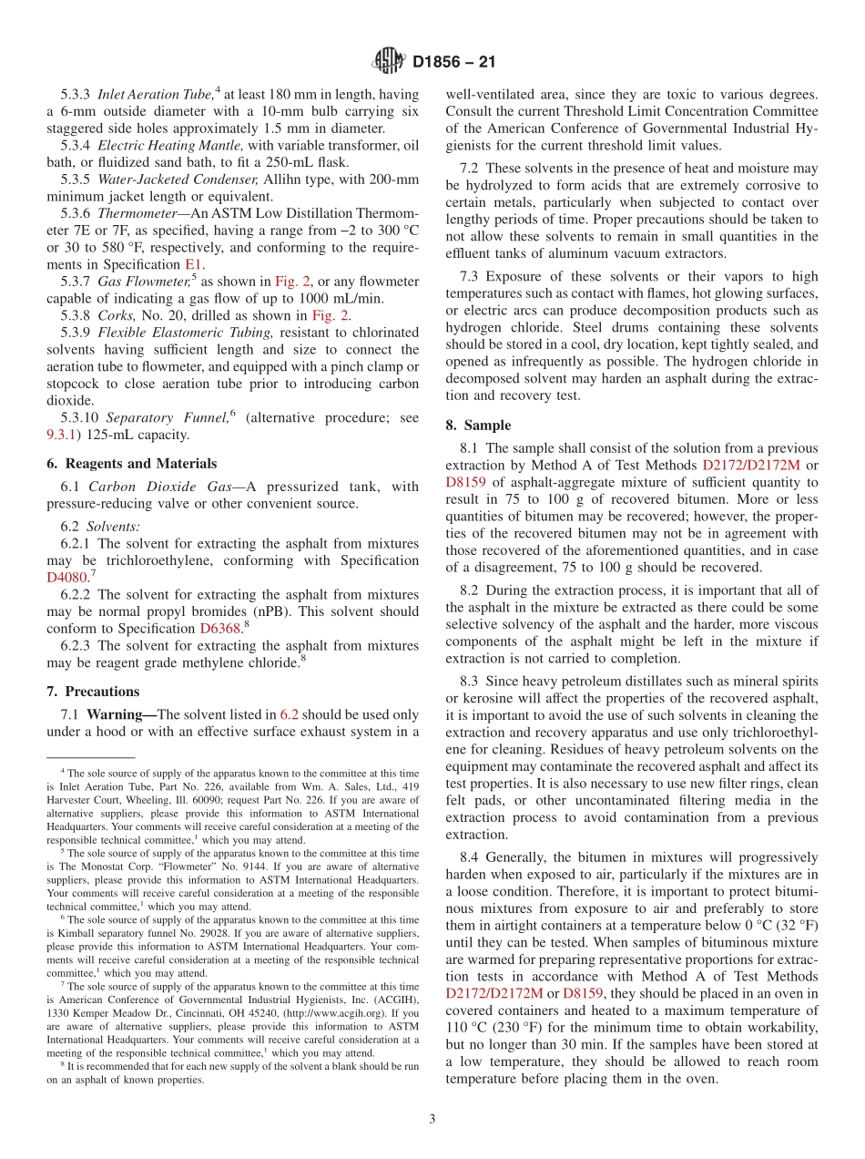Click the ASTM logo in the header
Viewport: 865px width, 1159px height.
click(389, 62)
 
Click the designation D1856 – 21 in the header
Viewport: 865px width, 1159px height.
click(453, 63)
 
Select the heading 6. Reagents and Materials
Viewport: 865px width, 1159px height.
click(131, 463)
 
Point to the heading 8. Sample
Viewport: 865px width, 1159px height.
click(478, 425)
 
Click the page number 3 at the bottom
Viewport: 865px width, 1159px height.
click(432, 1119)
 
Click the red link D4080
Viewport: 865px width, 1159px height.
click(66, 577)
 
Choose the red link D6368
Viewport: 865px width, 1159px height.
click(219, 628)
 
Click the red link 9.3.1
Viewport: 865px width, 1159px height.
click(65, 436)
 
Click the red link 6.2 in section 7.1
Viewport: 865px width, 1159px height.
click(289, 714)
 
